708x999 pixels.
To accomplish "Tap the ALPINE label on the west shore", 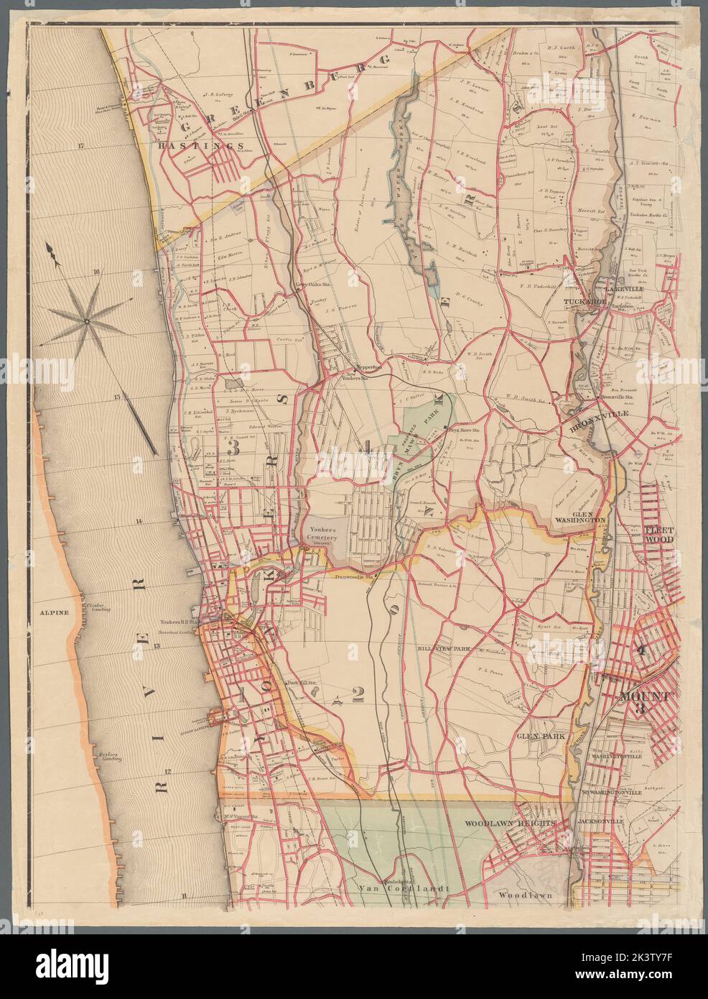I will [x=55, y=612].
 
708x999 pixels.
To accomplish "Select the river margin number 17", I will [x=81, y=146].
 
